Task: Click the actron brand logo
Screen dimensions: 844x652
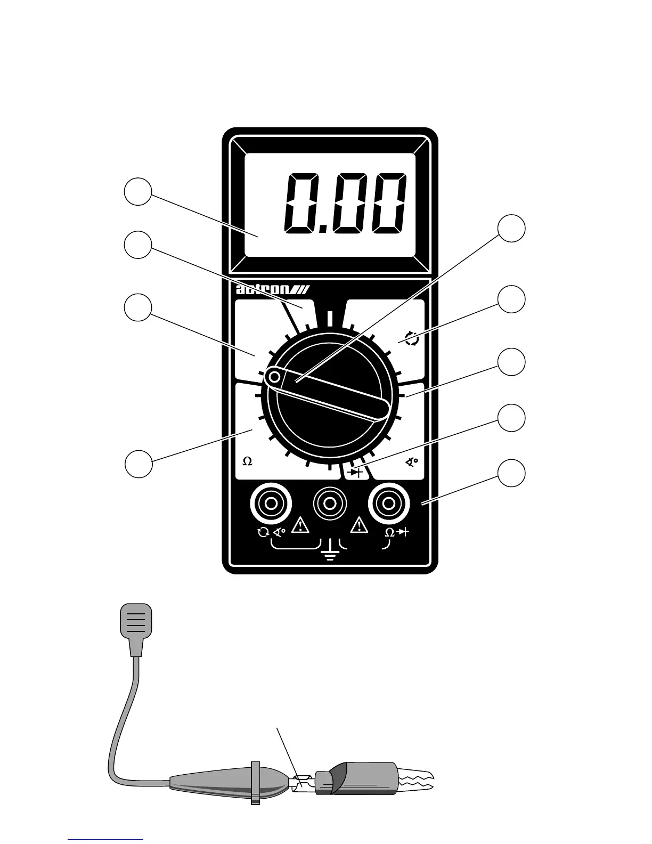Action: [276, 290]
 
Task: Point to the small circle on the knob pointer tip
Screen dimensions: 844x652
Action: [274, 378]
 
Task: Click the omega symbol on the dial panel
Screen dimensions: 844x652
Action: [247, 462]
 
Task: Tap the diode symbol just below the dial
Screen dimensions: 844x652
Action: [355, 472]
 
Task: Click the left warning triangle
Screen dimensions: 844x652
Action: [301, 525]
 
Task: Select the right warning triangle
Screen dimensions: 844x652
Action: [360, 525]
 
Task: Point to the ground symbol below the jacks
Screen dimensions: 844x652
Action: [330, 554]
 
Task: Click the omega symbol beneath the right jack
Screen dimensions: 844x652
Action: [389, 532]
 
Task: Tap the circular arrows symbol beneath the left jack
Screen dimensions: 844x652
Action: [263, 532]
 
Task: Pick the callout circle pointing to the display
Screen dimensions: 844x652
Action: [138, 192]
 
